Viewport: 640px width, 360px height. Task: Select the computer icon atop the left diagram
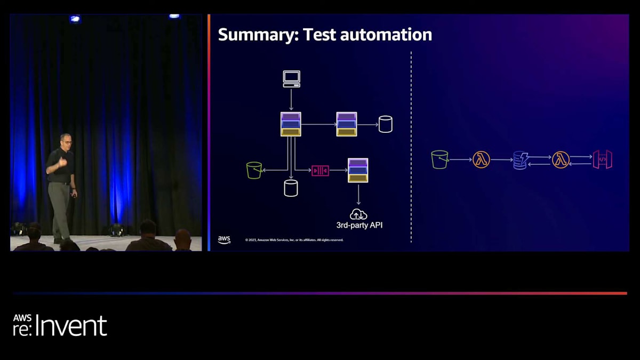291,78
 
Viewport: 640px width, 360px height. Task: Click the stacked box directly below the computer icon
291,124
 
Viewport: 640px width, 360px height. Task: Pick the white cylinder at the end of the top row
385,124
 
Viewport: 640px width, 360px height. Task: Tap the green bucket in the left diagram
254,170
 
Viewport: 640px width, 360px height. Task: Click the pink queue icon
320,170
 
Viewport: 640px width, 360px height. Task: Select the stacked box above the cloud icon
358,170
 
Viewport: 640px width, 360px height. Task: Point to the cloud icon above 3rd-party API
358,214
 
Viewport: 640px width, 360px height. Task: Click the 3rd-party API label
359,225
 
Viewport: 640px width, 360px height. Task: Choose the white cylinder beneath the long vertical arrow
291,188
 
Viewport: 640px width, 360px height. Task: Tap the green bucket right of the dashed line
439,159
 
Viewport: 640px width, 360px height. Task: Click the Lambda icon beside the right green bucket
481,159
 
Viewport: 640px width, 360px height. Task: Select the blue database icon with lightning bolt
520,160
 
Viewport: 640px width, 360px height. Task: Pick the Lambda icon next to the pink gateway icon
561,159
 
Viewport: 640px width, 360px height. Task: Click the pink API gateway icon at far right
602,159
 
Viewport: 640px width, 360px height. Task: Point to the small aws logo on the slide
224,239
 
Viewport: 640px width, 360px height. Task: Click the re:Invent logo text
60,325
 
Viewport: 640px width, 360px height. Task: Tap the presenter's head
66,140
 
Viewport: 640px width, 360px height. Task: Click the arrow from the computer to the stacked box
291,100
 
